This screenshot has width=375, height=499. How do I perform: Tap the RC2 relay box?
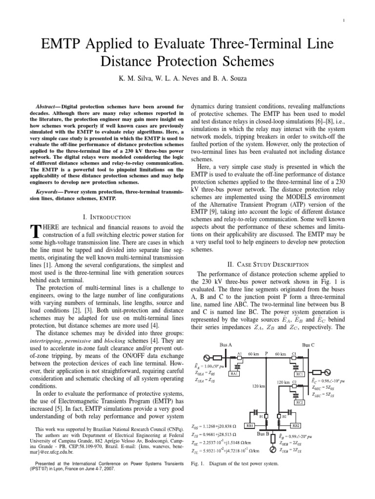click(x=300, y=402)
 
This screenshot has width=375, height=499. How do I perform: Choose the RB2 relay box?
click(x=300, y=425)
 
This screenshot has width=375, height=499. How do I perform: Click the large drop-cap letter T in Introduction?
click(x=35, y=231)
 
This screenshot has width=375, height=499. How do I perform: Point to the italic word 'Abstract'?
click(x=47, y=106)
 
